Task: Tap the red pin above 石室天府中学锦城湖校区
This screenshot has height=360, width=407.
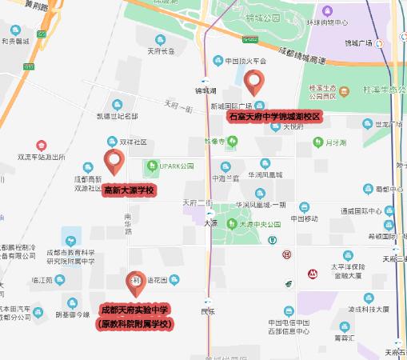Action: pyautogui.click(x=254, y=82)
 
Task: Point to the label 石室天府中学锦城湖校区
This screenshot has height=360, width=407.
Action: pyautogui.click(x=274, y=116)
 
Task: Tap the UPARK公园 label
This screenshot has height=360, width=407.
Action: pyautogui.click(x=175, y=166)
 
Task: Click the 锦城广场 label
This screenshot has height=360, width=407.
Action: pyautogui.click(x=359, y=44)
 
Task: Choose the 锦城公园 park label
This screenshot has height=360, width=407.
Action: pyautogui.click(x=263, y=17)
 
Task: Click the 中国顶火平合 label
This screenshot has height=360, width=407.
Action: pyautogui.click(x=245, y=60)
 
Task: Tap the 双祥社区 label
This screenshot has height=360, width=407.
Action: pyautogui.click(x=133, y=142)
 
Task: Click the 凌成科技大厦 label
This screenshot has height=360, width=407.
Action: pyautogui.click(x=367, y=308)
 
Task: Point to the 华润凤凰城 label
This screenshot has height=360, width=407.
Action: pyautogui.click(x=265, y=174)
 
